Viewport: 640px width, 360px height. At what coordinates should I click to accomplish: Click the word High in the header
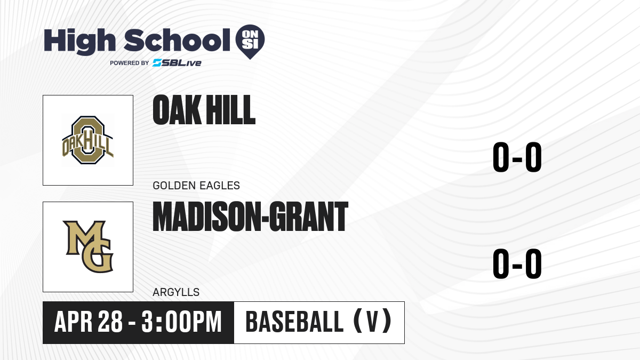point(79,42)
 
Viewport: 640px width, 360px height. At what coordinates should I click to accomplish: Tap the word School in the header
point(177,40)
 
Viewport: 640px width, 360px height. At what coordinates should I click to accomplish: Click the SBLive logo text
point(177,63)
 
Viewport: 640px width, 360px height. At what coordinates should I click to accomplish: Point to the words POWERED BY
point(130,63)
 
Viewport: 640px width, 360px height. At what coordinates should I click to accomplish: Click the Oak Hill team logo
point(88,140)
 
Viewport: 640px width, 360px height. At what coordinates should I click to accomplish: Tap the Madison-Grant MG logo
point(89,246)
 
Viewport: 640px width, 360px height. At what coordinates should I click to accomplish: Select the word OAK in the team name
point(177,110)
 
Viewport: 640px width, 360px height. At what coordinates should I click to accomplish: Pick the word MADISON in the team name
point(207,217)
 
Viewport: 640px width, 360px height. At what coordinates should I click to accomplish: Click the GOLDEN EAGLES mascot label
point(196,186)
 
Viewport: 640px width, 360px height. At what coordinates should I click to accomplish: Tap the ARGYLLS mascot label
point(176,292)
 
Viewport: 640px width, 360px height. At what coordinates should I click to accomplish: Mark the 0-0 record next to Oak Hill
point(517,157)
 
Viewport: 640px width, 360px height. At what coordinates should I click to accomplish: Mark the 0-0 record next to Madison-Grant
point(517,263)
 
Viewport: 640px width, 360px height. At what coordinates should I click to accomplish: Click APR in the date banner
point(74,322)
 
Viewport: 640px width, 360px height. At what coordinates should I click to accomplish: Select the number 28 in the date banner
point(110,322)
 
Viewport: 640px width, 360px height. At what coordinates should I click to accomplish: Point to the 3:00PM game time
point(182,322)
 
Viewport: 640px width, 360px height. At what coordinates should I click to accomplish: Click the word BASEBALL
point(294,322)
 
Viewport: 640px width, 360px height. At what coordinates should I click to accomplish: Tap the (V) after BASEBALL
point(373,321)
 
